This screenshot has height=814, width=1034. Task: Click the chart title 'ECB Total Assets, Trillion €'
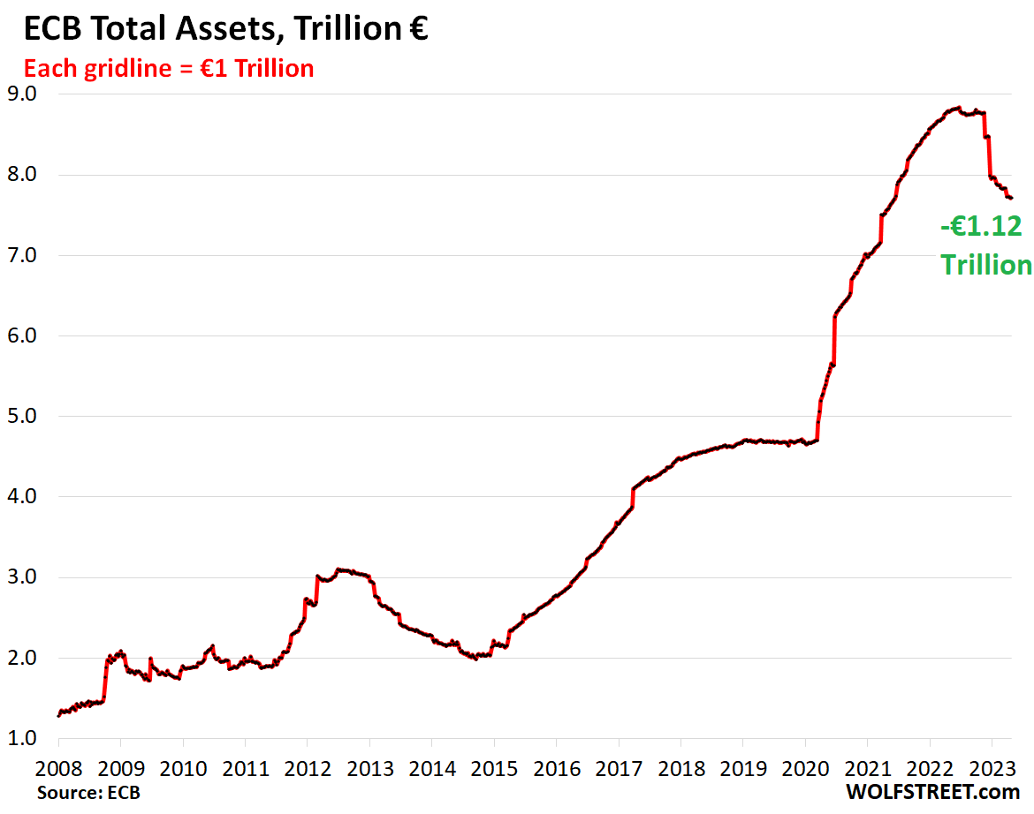click(224, 29)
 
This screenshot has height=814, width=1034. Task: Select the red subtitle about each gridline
click(168, 68)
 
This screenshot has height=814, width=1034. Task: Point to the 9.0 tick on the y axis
click(25, 94)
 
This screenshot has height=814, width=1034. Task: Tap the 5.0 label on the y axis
click(25, 417)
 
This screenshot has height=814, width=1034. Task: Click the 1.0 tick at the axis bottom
click(25, 739)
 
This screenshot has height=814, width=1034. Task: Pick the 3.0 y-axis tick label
click(25, 578)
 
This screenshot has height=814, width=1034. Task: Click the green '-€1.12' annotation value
click(981, 227)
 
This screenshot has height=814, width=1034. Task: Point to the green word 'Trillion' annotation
click(985, 265)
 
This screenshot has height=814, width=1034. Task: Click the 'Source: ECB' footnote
click(88, 792)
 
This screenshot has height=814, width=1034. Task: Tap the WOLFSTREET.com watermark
click(931, 792)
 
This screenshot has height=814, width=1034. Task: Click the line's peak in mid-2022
click(958, 108)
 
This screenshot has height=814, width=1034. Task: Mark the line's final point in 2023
click(1011, 198)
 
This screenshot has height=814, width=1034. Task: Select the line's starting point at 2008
click(58, 715)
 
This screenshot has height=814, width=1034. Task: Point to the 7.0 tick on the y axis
click(25, 256)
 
